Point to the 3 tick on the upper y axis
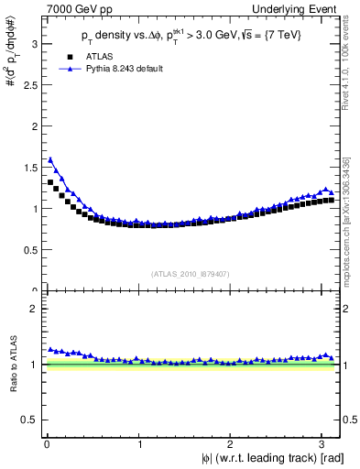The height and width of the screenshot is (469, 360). click(33, 42)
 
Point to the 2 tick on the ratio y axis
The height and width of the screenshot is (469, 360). click(33, 309)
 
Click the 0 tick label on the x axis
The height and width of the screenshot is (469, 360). click(46, 443)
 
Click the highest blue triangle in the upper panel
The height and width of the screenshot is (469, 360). click(50, 159)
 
